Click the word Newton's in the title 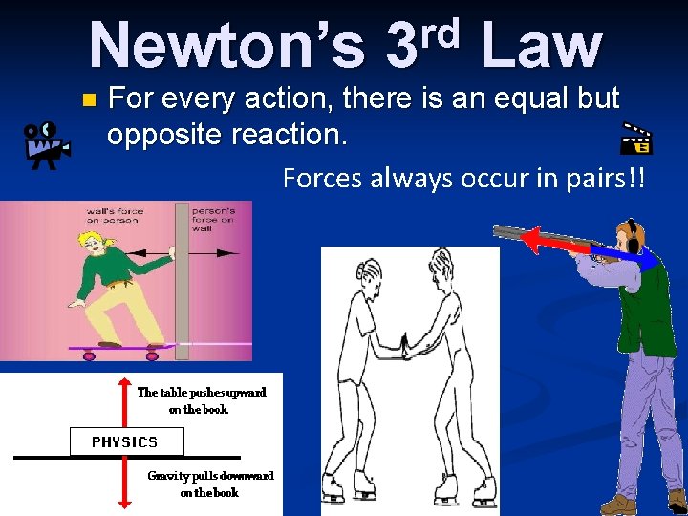click(x=227, y=46)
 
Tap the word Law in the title click(x=541, y=46)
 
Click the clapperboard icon click(x=636, y=140)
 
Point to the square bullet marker click(x=89, y=99)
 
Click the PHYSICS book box click(x=125, y=441)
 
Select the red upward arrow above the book click(x=121, y=401)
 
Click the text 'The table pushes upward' click(x=201, y=392)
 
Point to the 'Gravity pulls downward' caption click(x=210, y=475)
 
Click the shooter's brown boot click(x=618, y=505)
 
